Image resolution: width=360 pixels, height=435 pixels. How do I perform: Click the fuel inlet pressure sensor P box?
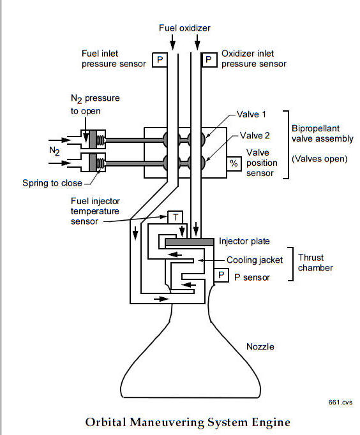coord(160,60)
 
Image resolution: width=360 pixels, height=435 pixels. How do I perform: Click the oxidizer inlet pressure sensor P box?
coord(209,60)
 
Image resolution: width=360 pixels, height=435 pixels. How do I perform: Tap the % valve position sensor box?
coord(234,163)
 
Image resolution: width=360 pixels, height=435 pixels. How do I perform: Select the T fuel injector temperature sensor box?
coord(175,217)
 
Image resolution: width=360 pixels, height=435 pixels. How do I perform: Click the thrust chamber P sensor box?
coord(221,275)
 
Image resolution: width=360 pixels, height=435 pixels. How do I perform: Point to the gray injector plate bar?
coord(190,242)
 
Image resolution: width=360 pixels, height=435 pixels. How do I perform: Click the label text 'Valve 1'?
coord(251,114)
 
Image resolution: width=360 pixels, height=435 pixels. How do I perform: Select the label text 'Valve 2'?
coord(255,135)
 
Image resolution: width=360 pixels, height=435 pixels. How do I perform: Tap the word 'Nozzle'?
coord(260,346)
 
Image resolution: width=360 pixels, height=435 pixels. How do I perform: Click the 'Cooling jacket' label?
coord(255,260)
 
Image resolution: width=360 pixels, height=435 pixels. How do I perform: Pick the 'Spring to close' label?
coord(52,183)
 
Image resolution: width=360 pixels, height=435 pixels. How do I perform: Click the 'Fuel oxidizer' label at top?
coord(184,27)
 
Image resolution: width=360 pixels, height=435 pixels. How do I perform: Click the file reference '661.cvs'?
coord(340,402)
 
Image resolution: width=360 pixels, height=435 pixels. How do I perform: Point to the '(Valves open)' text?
coord(320,159)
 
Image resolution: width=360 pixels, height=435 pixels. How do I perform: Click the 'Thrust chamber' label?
coord(315,263)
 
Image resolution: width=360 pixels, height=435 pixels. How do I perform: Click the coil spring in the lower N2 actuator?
coord(101,163)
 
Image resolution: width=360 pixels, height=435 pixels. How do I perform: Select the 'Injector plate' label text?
coord(244,241)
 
